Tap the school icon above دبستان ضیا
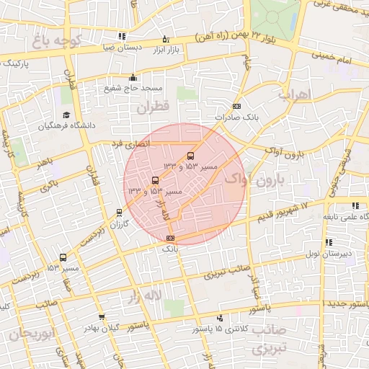(x=123, y=36)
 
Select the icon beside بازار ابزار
(x=166, y=39)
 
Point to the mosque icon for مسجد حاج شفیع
(x=132, y=78)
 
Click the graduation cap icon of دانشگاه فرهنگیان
(x=66, y=115)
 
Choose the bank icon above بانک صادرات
(x=237, y=107)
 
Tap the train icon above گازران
(x=120, y=213)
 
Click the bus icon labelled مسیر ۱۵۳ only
(x=63, y=257)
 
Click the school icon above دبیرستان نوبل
(x=329, y=243)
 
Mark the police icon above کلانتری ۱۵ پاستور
(x=220, y=318)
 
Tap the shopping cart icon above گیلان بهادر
(x=102, y=317)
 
